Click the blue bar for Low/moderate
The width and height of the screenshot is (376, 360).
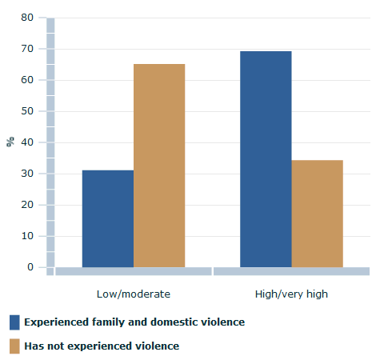[108, 218]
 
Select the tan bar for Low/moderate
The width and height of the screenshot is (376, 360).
[159, 166]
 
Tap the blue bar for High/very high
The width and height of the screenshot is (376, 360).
[266, 159]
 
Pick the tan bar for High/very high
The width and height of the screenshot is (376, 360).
[317, 214]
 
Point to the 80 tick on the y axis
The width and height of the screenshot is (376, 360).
[27, 18]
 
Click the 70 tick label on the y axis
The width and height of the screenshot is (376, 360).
[27, 49]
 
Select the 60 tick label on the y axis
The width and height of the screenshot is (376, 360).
[27, 80]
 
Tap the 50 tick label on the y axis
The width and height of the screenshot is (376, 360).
[27, 111]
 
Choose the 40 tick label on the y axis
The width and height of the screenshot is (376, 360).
[27, 142]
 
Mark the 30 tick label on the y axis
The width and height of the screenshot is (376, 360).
[27, 174]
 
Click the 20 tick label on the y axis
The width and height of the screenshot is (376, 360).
[27, 205]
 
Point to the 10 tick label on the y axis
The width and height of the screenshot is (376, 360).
[27, 236]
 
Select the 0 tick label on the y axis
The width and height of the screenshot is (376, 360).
[30, 267]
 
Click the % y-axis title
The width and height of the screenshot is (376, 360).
[10, 142]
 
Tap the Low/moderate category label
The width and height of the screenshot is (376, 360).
[133, 294]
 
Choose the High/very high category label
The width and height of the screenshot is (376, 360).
[291, 294]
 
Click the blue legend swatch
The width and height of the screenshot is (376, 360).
[14, 322]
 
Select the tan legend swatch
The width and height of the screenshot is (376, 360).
[14, 346]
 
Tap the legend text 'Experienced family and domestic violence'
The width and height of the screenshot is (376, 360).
[134, 322]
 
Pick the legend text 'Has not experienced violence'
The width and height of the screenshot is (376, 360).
[102, 346]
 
